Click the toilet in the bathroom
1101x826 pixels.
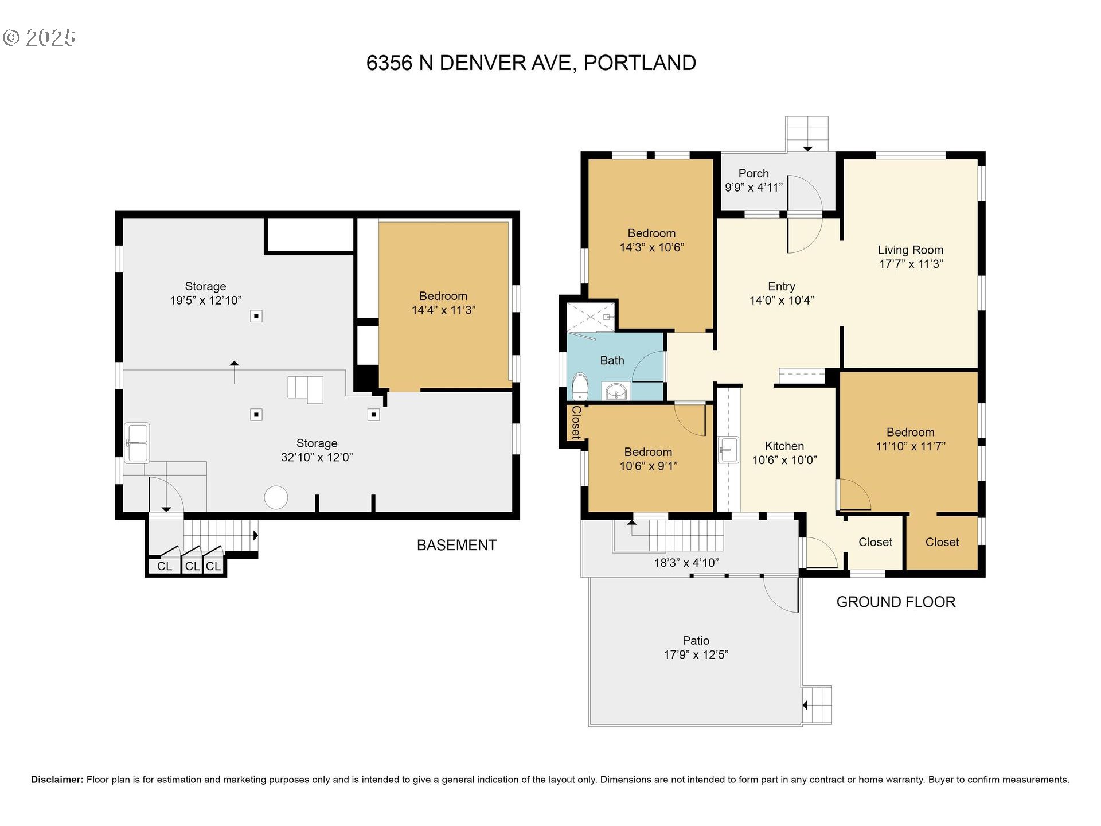[580, 386]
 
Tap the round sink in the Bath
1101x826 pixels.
[616, 392]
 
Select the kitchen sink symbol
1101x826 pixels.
[728, 449]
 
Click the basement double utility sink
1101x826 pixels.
[137, 443]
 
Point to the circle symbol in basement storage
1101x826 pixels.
[276, 497]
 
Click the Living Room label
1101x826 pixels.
[911, 250]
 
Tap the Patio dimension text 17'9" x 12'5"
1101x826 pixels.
[696, 654]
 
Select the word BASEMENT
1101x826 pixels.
[456, 545]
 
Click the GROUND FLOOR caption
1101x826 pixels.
[896, 602]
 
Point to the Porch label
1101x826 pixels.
[753, 173]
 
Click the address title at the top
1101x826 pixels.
[531, 63]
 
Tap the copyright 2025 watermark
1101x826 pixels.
[39, 38]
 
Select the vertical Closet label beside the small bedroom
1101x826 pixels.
[576, 422]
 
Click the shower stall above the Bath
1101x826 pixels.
[591, 317]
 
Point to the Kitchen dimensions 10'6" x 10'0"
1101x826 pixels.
[784, 460]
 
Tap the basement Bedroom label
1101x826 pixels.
[443, 296]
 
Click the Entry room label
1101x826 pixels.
[782, 286]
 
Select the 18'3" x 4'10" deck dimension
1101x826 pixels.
[686, 563]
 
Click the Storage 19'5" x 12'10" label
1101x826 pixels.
[206, 293]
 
